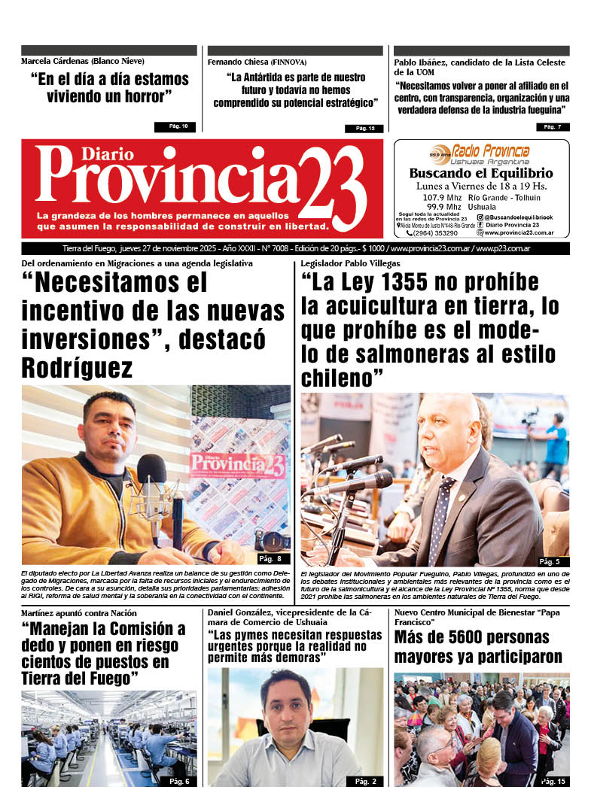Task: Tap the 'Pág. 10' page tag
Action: pyautogui.click(x=175, y=126)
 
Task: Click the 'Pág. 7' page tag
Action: pyautogui.click(x=553, y=126)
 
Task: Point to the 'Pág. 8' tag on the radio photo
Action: pyautogui.click(x=270, y=558)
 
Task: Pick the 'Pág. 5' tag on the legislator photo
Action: pyautogui.click(x=550, y=561)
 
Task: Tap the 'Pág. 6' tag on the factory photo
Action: pyautogui.click(x=179, y=781)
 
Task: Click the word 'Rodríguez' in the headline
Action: pyautogui.click(x=78, y=369)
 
